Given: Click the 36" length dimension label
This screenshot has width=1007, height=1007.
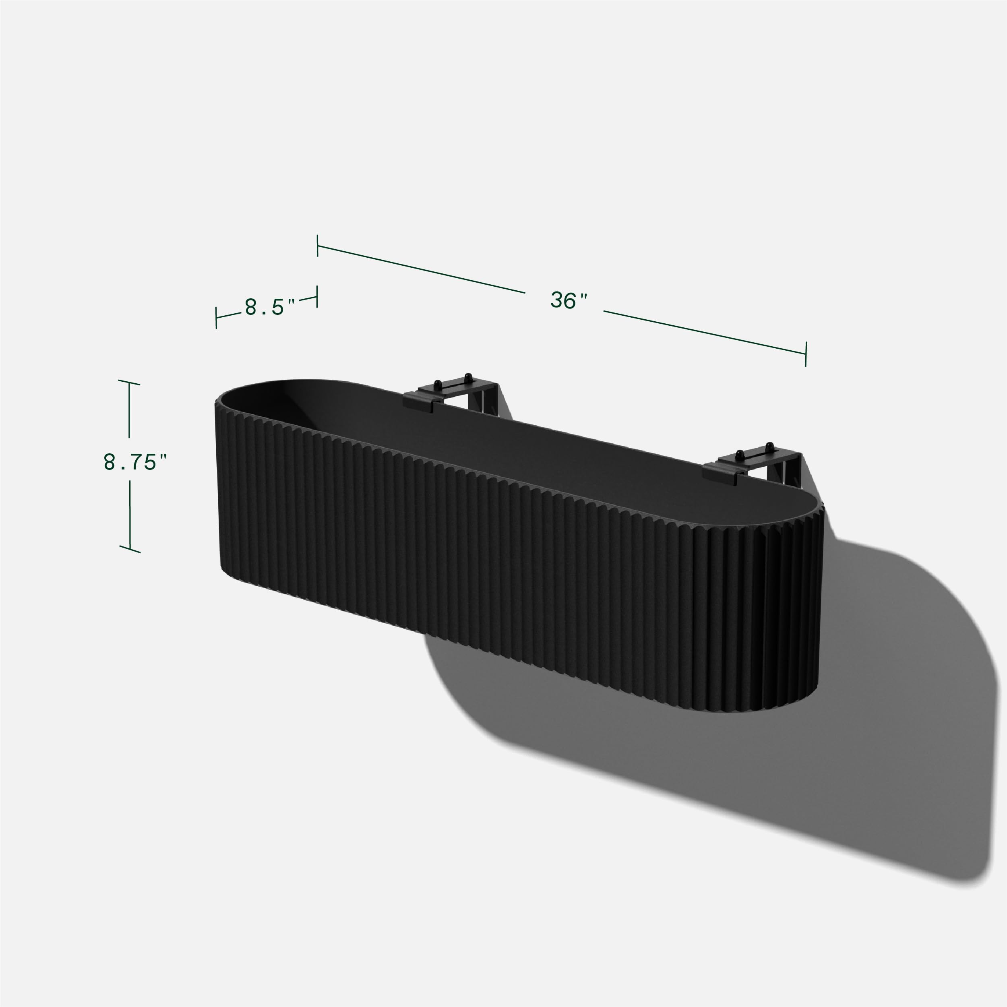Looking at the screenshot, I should (569, 301).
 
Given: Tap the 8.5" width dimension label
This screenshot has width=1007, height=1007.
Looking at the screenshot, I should (269, 307).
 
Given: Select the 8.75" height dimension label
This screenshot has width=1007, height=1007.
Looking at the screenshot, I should (135, 462).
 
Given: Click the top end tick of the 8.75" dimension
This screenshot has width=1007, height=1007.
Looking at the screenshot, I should (129, 383).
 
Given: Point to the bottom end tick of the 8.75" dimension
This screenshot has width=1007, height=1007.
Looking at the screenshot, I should (130, 549).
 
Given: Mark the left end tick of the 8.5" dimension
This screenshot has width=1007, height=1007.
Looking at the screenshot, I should (216, 317).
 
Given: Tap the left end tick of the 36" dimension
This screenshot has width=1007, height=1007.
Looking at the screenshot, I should (317, 246).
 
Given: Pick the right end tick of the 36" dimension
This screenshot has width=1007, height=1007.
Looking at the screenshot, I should (806, 354).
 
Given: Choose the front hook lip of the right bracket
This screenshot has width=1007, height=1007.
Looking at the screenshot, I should (719, 474).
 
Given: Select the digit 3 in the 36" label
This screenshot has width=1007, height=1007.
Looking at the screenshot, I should (557, 300).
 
